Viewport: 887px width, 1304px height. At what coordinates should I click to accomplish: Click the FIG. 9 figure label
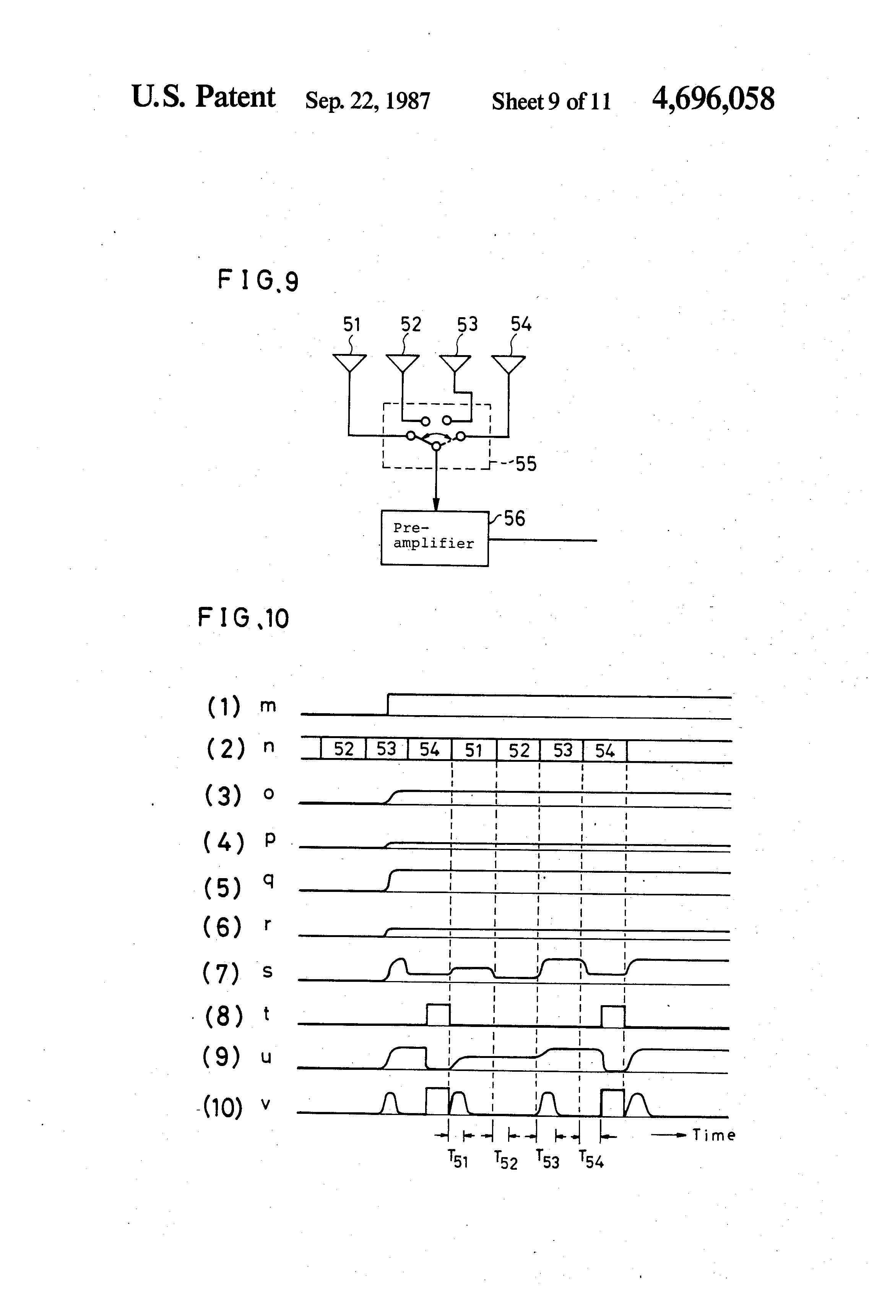[258, 280]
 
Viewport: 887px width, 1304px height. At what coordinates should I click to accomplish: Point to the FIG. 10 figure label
[243, 618]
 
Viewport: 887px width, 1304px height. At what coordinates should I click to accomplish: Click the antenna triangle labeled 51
[349, 362]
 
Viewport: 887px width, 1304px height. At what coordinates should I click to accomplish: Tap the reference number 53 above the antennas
[467, 324]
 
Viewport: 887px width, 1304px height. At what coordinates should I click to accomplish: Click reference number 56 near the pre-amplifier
[514, 518]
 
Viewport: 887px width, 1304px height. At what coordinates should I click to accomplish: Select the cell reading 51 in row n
[474, 750]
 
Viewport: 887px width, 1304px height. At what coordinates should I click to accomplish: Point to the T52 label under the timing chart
[506, 1159]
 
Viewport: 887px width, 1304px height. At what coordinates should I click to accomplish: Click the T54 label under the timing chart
[591, 1159]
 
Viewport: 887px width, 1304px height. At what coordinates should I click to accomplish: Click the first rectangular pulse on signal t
[438, 1014]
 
